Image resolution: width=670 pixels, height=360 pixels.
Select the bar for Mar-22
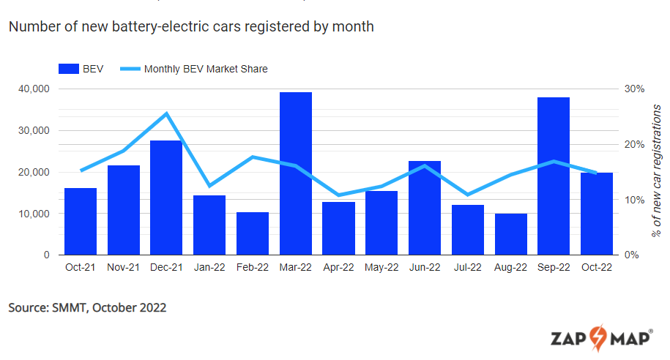295,173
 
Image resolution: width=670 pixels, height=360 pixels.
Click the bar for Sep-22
554,176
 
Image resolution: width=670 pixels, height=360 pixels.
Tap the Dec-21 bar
166,198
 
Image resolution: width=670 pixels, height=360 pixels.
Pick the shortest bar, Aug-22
510,234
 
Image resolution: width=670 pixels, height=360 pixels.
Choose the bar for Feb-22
252,233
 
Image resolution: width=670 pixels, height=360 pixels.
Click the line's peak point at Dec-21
166,113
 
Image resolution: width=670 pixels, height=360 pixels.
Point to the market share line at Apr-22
338,195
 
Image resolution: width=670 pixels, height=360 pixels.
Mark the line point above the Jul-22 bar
468,195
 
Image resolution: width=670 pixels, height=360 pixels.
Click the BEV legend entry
81,69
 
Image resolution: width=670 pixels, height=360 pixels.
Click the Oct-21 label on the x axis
80,268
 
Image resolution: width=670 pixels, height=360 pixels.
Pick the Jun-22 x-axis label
425,268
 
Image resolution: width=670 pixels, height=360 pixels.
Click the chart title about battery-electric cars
191,27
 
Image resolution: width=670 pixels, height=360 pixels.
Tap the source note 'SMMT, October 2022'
87,307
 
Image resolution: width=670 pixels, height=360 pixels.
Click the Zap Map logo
601,338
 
